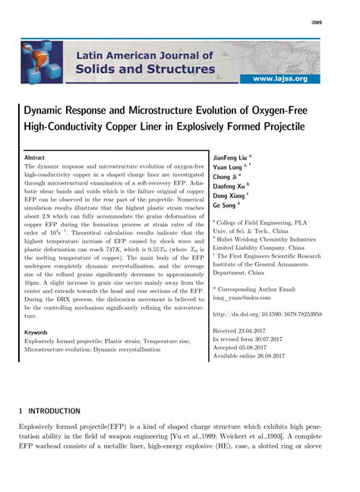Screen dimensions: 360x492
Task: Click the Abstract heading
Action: click(35, 157)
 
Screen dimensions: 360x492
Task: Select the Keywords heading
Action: click(36, 333)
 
